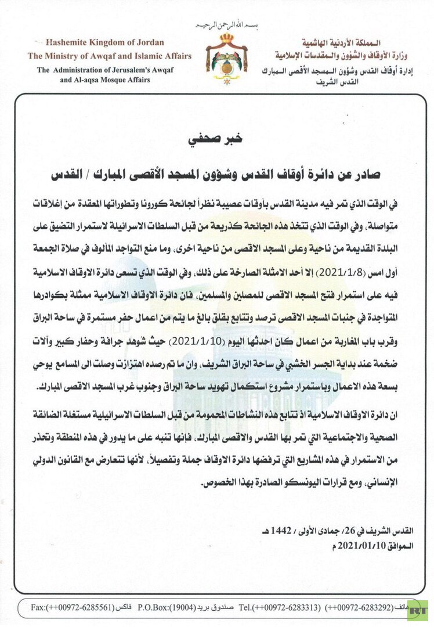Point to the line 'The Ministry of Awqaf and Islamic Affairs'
click(x=109, y=56)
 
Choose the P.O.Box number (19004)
click(x=186, y=608)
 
